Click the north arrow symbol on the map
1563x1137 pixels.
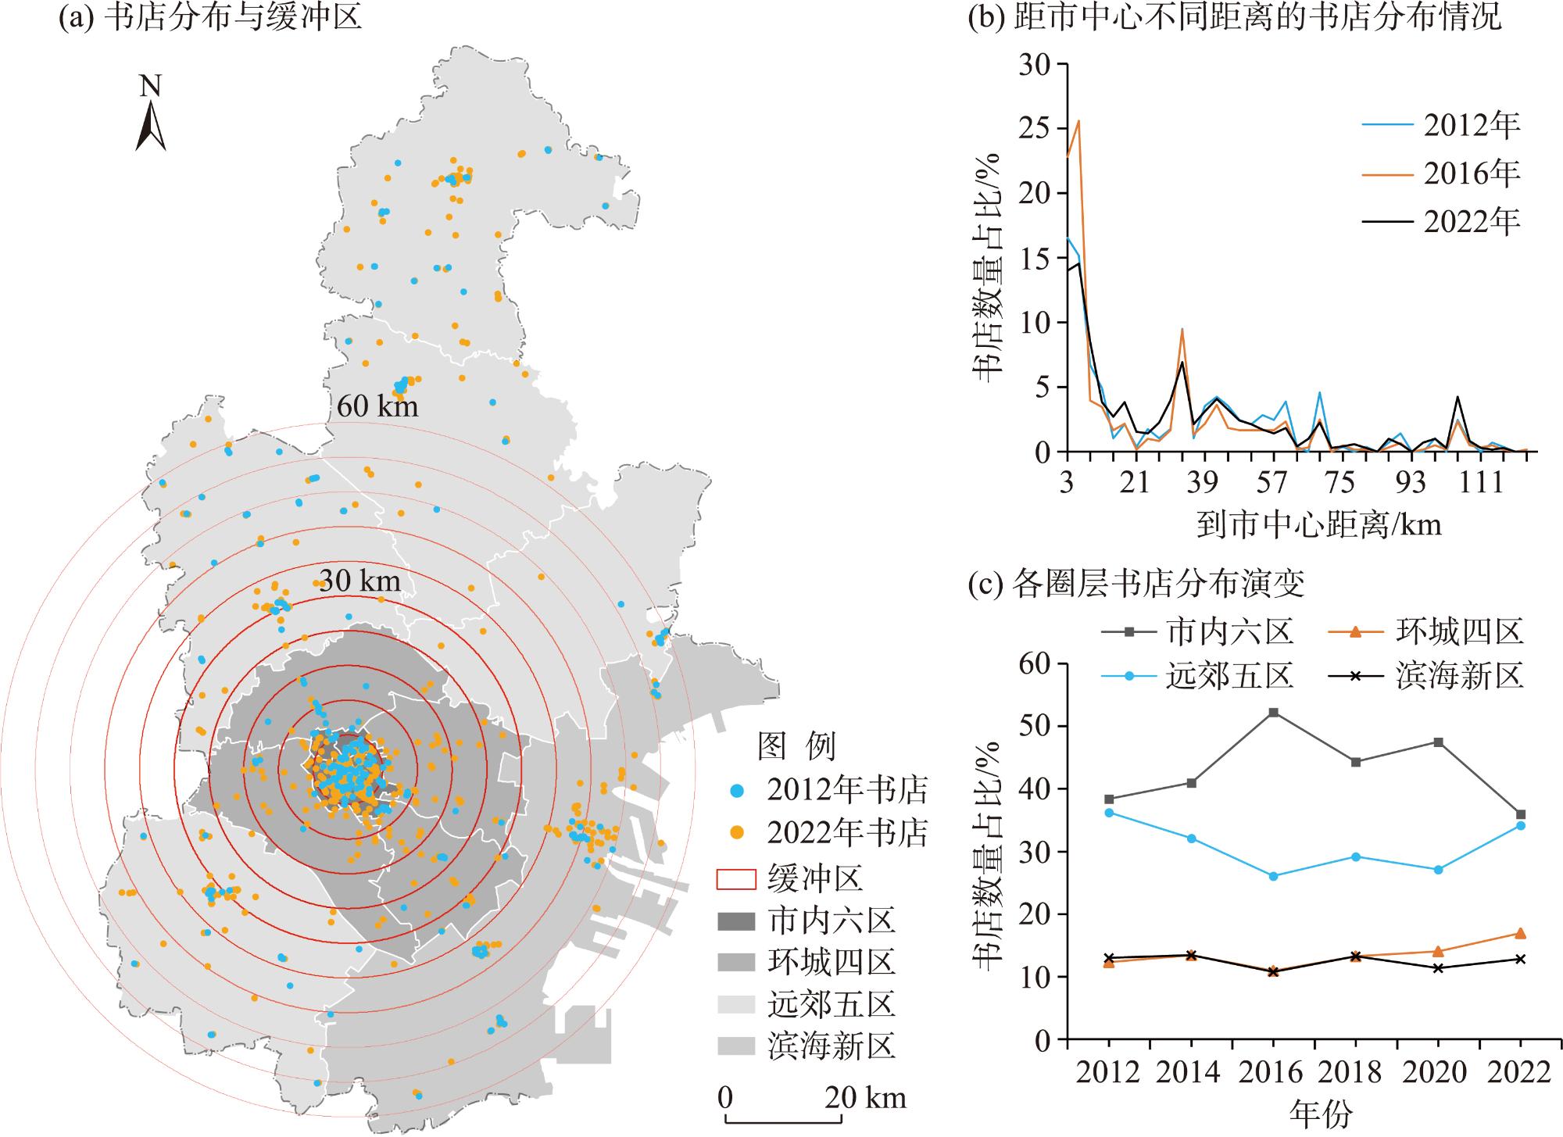(150, 125)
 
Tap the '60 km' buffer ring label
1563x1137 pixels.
(377, 406)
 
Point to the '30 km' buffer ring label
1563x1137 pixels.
(359, 581)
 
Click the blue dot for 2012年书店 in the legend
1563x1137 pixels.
(736, 791)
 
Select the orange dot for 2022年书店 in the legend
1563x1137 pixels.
(736, 833)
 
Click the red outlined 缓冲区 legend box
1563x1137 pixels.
(736, 878)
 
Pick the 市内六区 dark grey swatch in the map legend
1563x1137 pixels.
(736, 921)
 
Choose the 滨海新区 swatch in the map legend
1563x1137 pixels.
(736, 1046)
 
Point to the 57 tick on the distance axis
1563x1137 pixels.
(1271, 482)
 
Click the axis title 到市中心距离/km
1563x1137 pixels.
(1319, 524)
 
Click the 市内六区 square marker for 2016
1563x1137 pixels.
(1274, 713)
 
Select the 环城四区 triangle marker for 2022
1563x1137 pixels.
(1521, 933)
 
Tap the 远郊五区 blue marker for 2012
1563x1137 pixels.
(1109, 813)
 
